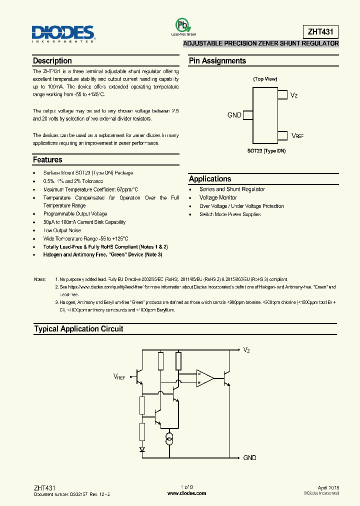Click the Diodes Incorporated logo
point(62,33)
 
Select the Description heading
point(52,60)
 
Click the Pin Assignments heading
point(217,60)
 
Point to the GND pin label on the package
point(234,115)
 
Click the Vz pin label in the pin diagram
point(294,94)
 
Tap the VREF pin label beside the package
point(296,135)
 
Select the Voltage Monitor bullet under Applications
point(218,197)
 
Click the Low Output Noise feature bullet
point(61,230)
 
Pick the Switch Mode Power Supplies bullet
point(230,214)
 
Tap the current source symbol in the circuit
point(170,438)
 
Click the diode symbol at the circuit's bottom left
point(142,449)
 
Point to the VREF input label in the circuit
point(119,376)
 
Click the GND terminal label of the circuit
point(249,457)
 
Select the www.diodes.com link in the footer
point(186,493)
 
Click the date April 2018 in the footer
point(328,487)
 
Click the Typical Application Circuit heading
point(78,329)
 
